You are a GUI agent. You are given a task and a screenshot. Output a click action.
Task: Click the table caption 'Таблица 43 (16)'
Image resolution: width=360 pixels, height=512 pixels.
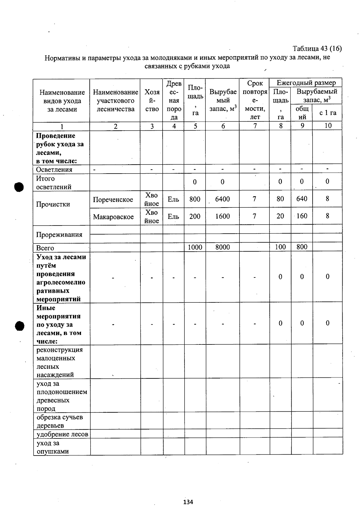317,49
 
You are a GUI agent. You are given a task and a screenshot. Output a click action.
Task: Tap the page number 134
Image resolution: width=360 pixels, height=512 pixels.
188,502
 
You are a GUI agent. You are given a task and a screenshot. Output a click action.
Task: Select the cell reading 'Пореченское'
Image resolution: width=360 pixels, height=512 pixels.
113,200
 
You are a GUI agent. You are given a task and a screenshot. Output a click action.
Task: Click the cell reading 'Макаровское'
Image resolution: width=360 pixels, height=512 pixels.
113,217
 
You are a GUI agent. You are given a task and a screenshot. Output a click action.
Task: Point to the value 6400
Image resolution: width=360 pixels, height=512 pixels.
222,199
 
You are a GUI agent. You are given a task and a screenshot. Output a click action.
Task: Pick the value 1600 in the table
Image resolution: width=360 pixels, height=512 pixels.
222,216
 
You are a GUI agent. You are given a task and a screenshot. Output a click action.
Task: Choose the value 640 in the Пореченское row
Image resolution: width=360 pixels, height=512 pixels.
301,199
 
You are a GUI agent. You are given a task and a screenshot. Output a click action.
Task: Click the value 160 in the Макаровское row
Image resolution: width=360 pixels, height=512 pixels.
301,216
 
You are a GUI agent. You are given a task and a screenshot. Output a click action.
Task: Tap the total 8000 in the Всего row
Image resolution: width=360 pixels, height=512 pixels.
222,247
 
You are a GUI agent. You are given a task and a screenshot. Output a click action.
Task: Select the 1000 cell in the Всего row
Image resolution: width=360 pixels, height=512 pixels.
195,247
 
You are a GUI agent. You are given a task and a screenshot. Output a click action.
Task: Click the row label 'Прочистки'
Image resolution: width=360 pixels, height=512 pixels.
53,204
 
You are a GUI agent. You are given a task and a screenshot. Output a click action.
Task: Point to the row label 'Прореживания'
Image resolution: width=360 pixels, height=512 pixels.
59,235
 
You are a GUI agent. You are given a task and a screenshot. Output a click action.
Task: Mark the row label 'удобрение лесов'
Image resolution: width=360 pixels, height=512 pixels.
62,434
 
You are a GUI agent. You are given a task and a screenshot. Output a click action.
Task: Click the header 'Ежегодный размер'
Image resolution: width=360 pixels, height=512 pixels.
306,83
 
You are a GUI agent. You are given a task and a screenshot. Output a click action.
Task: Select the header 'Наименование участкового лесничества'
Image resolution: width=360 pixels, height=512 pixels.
115,101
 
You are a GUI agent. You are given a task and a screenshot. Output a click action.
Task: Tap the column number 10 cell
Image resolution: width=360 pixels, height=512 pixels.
328,126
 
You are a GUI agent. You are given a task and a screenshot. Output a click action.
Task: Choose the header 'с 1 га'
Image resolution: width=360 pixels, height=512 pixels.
328,113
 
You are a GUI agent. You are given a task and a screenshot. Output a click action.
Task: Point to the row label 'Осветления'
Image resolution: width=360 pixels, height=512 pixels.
54,170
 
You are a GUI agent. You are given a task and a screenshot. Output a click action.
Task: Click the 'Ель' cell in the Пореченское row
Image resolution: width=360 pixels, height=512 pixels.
173,199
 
